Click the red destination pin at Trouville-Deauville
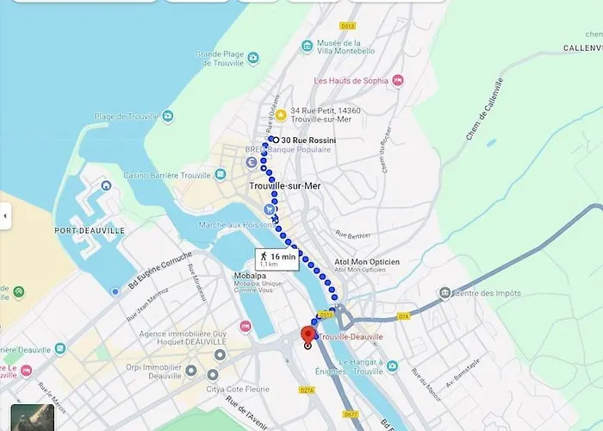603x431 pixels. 308,335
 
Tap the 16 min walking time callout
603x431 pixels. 277,259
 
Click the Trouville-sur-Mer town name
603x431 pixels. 284,185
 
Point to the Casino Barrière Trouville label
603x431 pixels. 171,175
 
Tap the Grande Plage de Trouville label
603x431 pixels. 221,59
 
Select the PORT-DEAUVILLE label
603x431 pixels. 90,230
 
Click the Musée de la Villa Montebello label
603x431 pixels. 345,47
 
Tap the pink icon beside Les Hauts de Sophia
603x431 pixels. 397,81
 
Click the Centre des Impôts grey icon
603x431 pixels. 444,294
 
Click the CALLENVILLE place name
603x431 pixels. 582,47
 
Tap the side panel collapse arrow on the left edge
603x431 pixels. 5,215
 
